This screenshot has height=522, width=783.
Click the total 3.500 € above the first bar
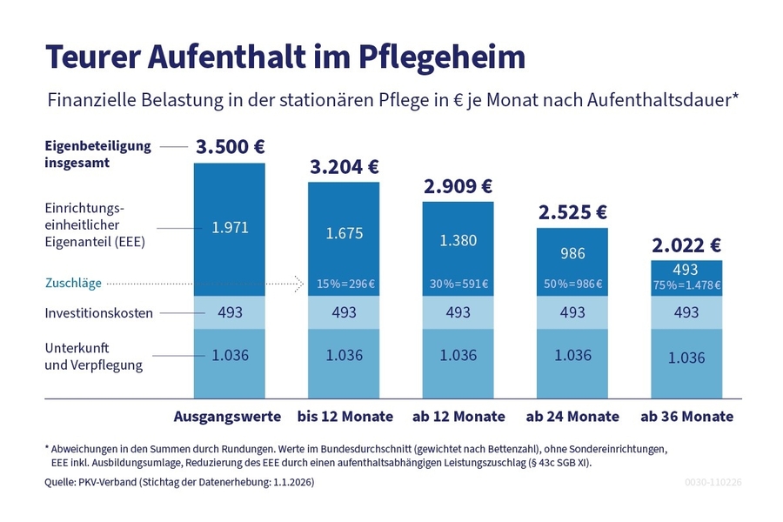tap(230, 147)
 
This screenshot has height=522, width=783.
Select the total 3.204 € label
tap(345, 166)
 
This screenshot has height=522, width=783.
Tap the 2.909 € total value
tap(458, 186)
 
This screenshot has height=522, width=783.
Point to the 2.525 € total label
tap(572, 212)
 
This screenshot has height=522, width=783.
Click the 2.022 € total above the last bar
tap(686, 244)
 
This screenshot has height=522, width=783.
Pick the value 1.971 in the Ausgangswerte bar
tap(230, 228)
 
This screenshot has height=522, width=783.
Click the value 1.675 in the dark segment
tap(345, 233)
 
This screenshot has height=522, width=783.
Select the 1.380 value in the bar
tap(458, 240)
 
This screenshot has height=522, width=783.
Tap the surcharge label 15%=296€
tap(345, 284)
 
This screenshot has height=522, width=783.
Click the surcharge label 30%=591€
tap(458, 284)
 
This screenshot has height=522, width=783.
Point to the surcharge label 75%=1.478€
tap(686, 284)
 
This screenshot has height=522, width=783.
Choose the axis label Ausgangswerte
tap(228, 417)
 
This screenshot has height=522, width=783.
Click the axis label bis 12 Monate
tap(345, 417)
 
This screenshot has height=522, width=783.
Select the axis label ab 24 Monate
tap(572, 417)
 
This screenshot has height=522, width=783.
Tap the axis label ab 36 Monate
tap(686, 417)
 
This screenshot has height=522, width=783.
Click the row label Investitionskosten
tap(98, 313)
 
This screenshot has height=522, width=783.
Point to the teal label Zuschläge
tap(74, 283)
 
